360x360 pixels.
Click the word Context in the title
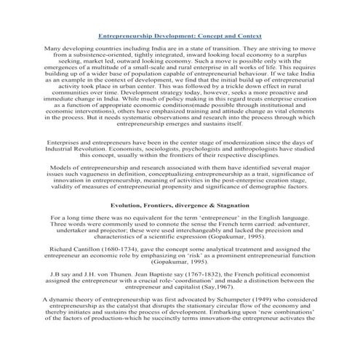coord(244,35)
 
